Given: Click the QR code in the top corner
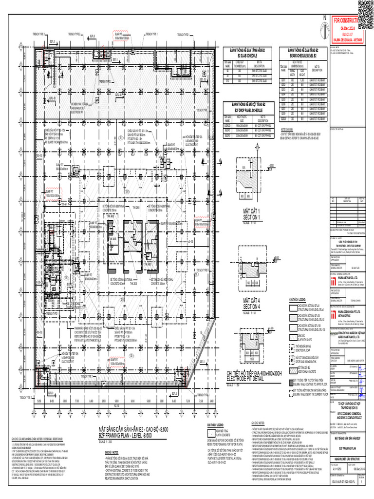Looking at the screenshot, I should (366, 8).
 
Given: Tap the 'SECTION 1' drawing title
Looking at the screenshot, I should (252, 216).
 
